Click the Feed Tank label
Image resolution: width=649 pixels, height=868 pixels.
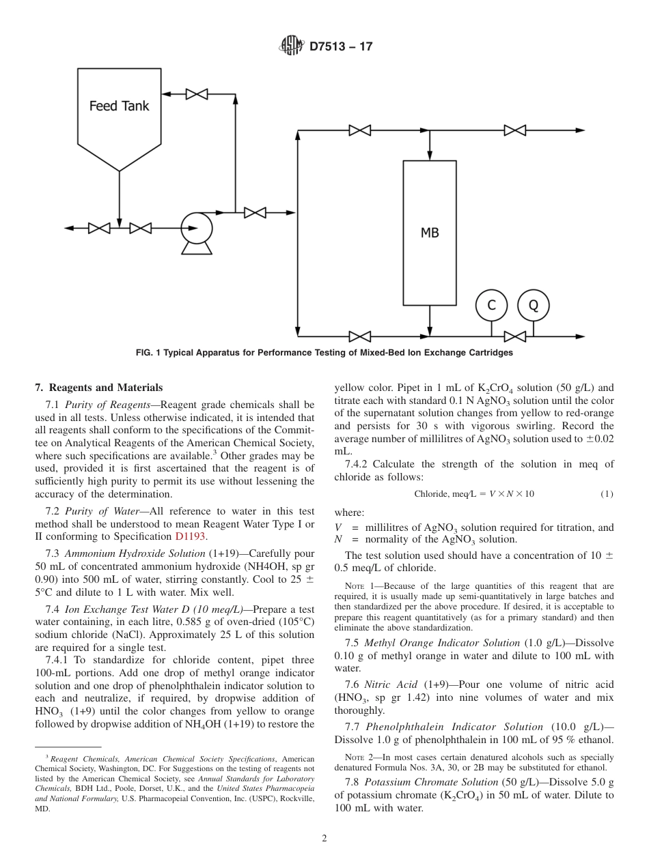119,106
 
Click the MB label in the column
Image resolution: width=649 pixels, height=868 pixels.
430,233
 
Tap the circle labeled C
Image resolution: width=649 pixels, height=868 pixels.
491,306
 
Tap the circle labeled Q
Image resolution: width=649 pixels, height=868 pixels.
533,306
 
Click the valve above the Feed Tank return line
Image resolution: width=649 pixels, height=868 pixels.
197,93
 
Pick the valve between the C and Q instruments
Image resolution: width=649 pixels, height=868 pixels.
514,336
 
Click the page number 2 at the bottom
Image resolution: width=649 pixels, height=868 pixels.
324,838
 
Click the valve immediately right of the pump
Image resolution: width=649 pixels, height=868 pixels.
255,212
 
